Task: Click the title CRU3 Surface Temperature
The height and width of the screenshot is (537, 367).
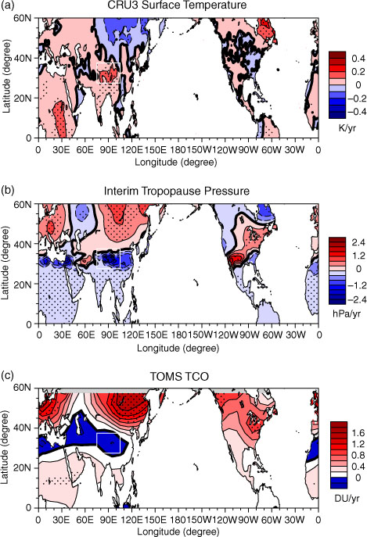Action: [x=177, y=5]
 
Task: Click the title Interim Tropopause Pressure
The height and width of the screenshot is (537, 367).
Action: [x=177, y=191]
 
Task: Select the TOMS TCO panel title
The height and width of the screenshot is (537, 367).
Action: [x=179, y=377]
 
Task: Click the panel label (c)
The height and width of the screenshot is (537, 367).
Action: [x=7, y=375]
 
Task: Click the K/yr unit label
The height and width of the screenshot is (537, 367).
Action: [x=347, y=128]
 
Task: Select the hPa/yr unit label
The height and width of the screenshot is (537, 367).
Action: [x=347, y=313]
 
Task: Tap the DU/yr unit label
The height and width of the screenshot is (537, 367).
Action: [x=347, y=498]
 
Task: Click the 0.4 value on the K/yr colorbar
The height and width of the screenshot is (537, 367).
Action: [x=358, y=58]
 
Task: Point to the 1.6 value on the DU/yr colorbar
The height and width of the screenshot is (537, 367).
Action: [x=358, y=433]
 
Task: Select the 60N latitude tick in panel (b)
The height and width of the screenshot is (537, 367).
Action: [x=23, y=205]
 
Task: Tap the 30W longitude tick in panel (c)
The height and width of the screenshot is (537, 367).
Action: [x=295, y=520]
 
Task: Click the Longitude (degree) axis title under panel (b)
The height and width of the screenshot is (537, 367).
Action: [x=178, y=348]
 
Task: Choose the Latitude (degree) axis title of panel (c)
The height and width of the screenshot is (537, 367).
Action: [x=5, y=447]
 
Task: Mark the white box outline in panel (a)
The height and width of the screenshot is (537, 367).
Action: [x=97, y=73]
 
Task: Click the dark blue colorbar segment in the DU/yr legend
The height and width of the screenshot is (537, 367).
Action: [x=339, y=482]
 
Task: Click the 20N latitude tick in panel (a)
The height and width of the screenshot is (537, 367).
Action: [x=23, y=98]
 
